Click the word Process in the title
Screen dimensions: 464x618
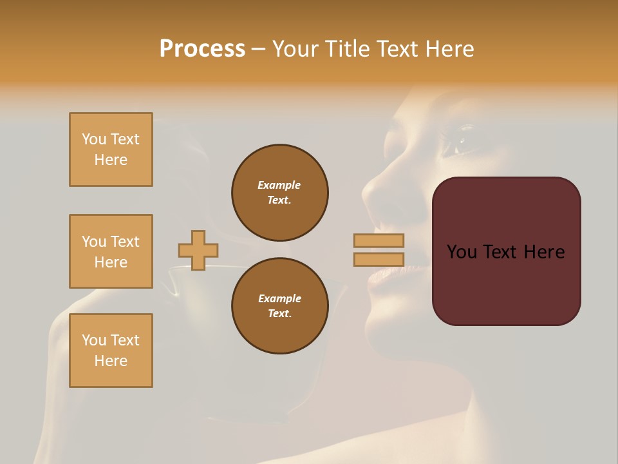pos(202,49)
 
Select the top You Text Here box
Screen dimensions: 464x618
pos(111,150)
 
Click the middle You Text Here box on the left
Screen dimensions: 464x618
pos(111,251)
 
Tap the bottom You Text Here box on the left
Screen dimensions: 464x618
pos(111,351)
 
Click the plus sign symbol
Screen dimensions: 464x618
pos(198,250)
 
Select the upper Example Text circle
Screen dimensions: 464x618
pos(280,193)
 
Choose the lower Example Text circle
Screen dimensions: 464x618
pos(280,306)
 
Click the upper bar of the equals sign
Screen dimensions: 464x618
pos(379,240)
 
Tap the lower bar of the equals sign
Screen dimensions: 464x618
pos(379,260)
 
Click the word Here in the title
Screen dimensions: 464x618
pos(449,49)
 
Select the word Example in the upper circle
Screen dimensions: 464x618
pos(279,185)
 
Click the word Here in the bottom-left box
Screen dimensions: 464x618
pos(111,361)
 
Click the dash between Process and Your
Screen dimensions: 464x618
pos(258,50)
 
